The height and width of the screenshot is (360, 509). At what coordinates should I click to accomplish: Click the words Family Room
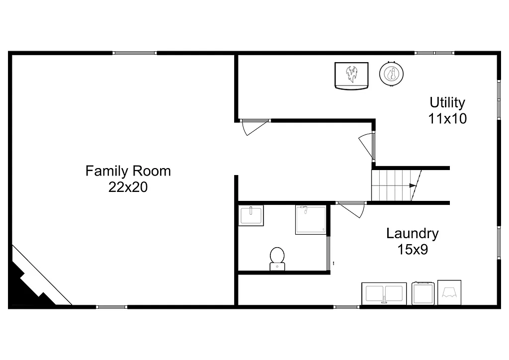pyautogui.click(x=128, y=171)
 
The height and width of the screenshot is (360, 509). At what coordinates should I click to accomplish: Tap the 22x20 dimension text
pyautogui.click(x=128, y=187)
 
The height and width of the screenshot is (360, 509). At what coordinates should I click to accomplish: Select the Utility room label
pyautogui.click(x=447, y=102)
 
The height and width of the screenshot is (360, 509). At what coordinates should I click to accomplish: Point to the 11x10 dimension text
pyautogui.click(x=447, y=118)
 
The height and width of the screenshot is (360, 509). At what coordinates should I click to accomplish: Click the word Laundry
pyautogui.click(x=412, y=233)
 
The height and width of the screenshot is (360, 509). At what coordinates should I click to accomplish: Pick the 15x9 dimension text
pyautogui.click(x=412, y=249)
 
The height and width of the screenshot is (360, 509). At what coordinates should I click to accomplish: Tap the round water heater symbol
pyautogui.click(x=391, y=74)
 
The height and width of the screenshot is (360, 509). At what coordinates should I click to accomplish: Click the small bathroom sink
pyautogui.click(x=251, y=215)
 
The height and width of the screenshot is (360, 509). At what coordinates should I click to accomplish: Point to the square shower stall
pyautogui.click(x=311, y=219)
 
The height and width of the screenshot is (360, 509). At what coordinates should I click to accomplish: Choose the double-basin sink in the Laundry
pyautogui.click(x=384, y=293)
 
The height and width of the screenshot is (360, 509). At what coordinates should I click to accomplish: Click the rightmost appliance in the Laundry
pyautogui.click(x=449, y=292)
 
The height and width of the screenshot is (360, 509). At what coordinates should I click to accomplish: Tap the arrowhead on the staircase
pyautogui.click(x=413, y=185)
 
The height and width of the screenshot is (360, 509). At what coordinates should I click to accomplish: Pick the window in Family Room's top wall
pyautogui.click(x=135, y=53)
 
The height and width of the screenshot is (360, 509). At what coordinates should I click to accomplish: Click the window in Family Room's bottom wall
pyautogui.click(x=111, y=307)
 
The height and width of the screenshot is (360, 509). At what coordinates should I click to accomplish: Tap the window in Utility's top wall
pyautogui.click(x=434, y=53)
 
